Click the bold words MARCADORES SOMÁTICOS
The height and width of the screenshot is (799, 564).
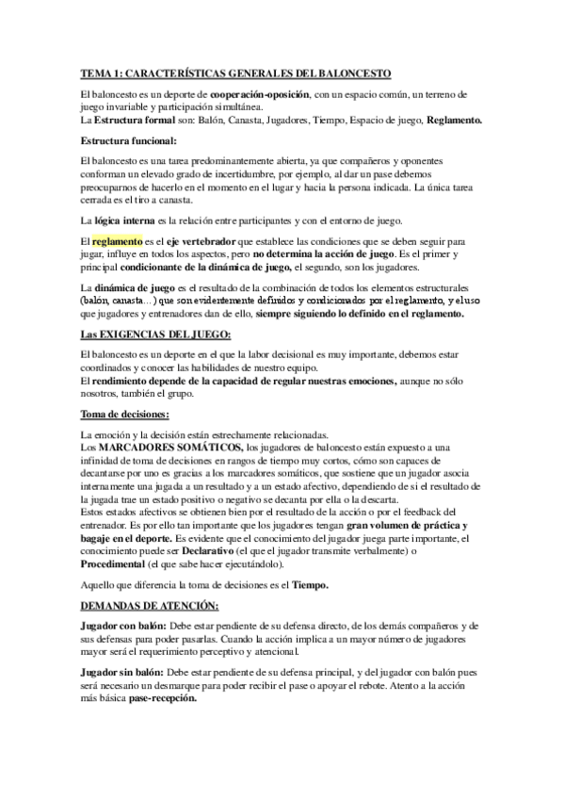[x=172, y=447]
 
